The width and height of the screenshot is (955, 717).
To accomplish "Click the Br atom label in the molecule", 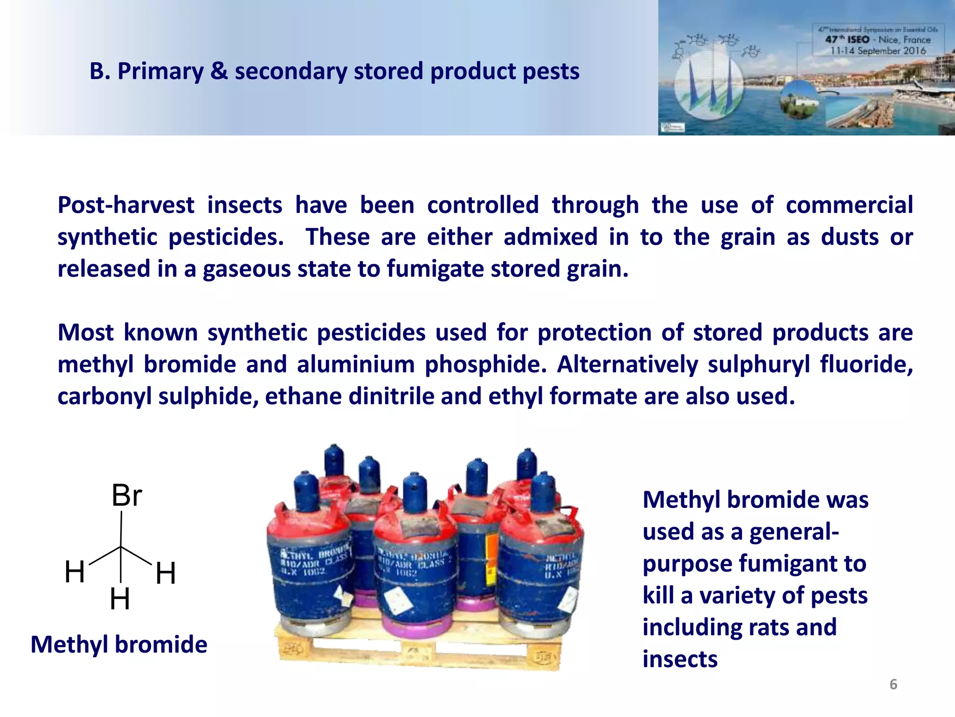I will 126,495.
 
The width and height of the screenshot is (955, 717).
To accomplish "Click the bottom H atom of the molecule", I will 120,599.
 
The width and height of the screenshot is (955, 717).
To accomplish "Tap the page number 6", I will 893,684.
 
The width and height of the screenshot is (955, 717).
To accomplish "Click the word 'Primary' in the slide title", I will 160,71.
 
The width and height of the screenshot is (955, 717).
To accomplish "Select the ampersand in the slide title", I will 219,71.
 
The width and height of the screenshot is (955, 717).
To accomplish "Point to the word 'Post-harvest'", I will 125,205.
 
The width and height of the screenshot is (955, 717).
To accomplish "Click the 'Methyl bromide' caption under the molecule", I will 119,645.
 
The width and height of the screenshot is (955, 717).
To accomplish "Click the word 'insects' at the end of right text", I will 680,659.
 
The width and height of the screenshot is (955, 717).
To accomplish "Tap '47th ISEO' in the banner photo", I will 847,40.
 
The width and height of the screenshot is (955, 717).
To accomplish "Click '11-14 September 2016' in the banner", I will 878,50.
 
